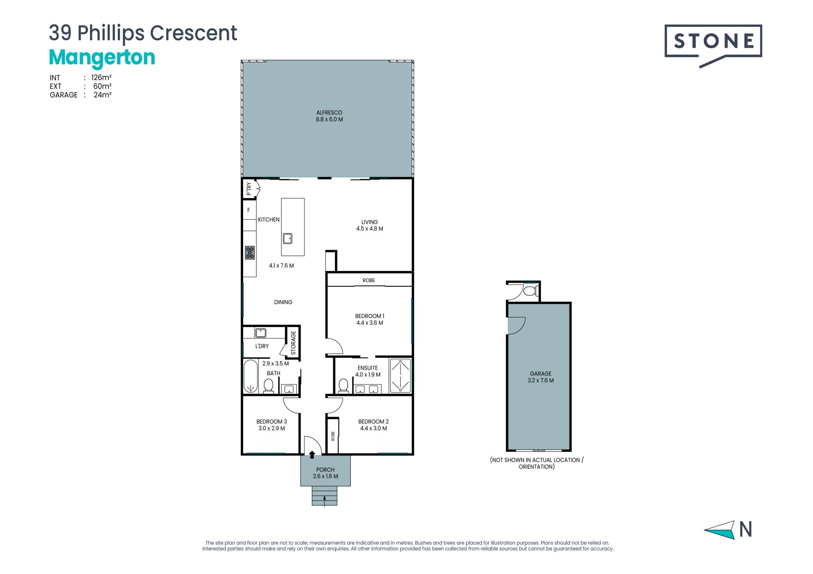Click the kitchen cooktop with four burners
pos(250,253)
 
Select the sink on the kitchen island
pos(288,238)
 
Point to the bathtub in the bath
pos(250,376)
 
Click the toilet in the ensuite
pos(343,386)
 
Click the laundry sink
pos(260,333)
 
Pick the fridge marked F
pos(249,210)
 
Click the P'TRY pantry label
pos(249,189)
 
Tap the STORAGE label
pos(293,343)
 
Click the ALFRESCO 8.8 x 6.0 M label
pos(329,116)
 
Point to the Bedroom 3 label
pos(271,425)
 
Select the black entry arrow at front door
pos(312,455)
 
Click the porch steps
pos(325,496)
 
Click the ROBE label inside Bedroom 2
pos(333,436)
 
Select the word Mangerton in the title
pos(102,58)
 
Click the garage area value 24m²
pos(102,95)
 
